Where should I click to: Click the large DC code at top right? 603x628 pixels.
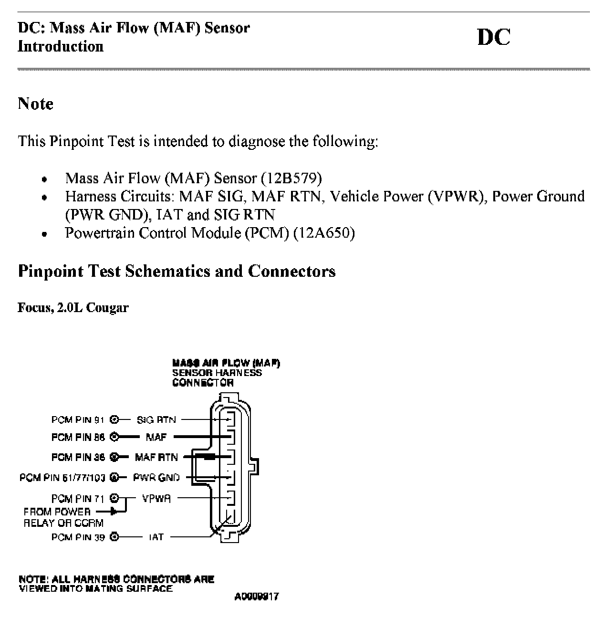[494, 38]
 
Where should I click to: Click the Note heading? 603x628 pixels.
[35, 104]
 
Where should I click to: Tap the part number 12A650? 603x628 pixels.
[324, 233]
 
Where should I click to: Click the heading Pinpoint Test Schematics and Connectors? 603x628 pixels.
[177, 271]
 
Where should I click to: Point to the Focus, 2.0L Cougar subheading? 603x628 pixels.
[73, 308]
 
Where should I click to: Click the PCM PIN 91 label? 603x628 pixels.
[78, 420]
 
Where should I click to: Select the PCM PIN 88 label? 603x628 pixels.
[78, 437]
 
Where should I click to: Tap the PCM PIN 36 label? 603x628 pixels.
[78, 457]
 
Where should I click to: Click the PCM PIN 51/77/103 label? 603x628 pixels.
[62, 477]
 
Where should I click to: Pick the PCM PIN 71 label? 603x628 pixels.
[78, 499]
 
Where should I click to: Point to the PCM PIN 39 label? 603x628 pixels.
[78, 537]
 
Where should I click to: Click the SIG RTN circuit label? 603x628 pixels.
[156, 420]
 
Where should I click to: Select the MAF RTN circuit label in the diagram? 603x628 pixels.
[156, 457]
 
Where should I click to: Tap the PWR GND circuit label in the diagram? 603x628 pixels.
[156, 477]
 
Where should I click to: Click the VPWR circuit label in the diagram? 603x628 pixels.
[156, 499]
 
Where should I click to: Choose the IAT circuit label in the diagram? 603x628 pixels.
[156, 537]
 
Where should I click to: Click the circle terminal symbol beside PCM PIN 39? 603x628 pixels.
[114, 537]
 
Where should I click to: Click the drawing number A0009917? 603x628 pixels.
[257, 597]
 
